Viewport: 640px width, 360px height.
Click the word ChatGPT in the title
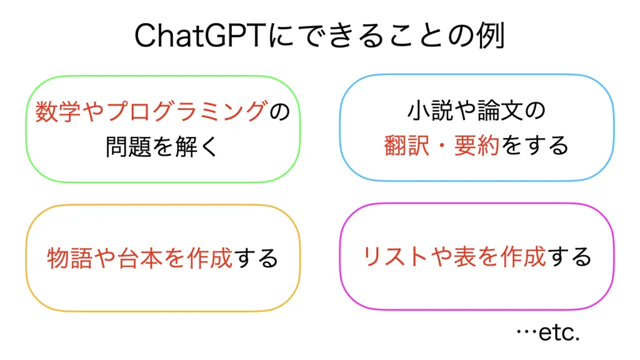(201, 36)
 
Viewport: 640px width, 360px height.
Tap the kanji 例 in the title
(492, 36)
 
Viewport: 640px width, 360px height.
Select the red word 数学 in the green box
(58, 111)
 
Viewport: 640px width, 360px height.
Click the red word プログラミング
(187, 111)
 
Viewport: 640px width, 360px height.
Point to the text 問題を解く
(163, 146)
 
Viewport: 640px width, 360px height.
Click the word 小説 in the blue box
(430, 111)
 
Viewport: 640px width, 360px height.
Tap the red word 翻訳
(407, 145)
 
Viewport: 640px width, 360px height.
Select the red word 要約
(477, 145)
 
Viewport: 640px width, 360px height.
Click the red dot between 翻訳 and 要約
(442, 146)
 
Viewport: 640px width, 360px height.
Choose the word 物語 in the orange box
(70, 258)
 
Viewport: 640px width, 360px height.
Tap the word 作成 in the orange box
(210, 258)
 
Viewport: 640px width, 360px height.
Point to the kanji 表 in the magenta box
(465, 257)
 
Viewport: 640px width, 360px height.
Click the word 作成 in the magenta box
(523, 257)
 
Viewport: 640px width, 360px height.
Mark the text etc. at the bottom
(559, 332)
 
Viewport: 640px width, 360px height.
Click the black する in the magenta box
(569, 257)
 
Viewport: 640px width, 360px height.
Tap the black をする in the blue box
(535, 145)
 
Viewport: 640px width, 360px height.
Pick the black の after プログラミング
(279, 112)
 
